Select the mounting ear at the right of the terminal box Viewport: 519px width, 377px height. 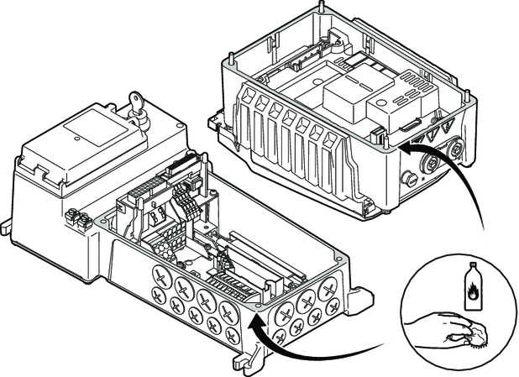pos(361,297)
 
